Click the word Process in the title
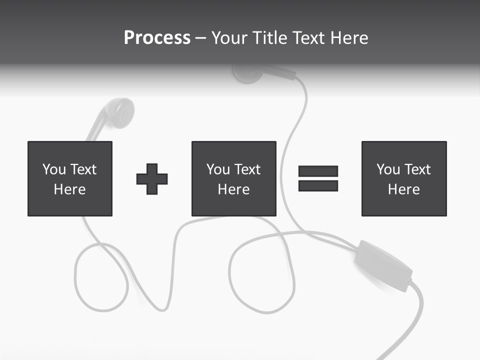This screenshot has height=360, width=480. click(x=157, y=38)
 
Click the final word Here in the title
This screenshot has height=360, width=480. click(x=348, y=38)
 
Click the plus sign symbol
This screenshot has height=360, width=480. click(x=152, y=179)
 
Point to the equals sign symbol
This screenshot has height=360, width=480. click(x=318, y=178)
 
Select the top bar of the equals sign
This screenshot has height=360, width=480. click(x=318, y=171)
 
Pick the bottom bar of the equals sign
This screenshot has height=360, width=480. click(x=318, y=186)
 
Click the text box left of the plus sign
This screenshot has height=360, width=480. click(x=70, y=178)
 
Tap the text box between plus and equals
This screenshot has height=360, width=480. click(x=233, y=178)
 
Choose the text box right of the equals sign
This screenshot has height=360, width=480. click(x=404, y=178)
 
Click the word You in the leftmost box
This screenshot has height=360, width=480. click(x=54, y=169)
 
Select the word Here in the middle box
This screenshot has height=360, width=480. click(x=233, y=189)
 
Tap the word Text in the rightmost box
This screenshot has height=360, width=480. click(x=418, y=169)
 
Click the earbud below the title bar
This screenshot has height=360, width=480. click(x=248, y=73)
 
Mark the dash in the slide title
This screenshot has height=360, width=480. click(x=201, y=38)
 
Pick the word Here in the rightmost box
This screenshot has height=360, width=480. click(x=404, y=189)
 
